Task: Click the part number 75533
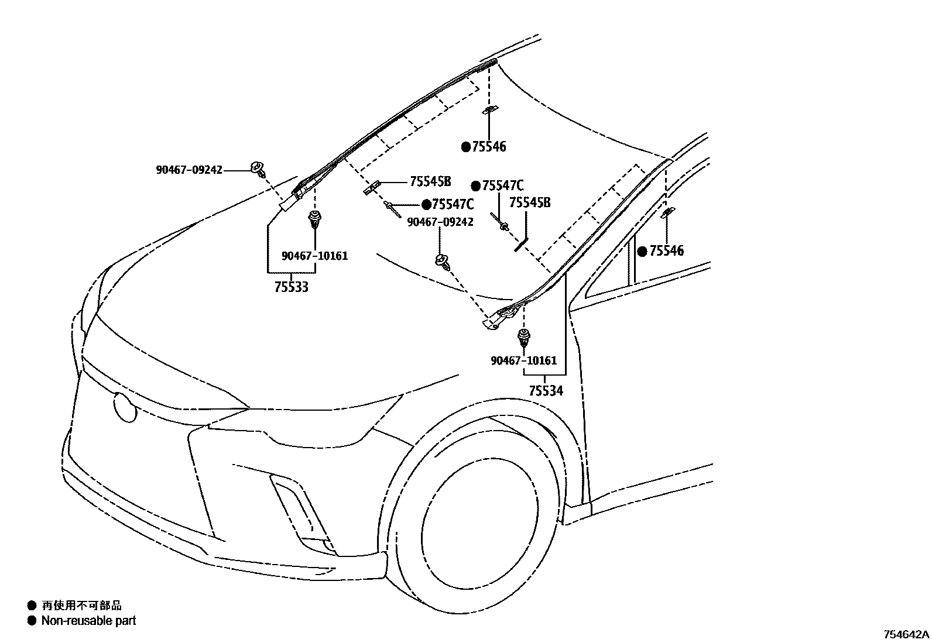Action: (291, 287)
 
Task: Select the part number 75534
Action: (546, 390)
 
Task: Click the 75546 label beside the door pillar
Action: (666, 251)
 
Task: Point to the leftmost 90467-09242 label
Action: (189, 170)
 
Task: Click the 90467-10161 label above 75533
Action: (314, 256)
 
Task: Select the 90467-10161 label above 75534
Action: (523, 360)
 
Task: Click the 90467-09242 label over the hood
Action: (440, 222)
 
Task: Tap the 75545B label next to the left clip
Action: (430, 181)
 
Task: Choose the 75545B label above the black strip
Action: (530, 202)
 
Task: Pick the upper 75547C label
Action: (502, 186)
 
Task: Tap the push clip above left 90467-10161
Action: (315, 221)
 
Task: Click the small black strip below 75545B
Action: (521, 244)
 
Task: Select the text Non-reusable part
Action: (88, 621)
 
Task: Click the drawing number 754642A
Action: (906, 634)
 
